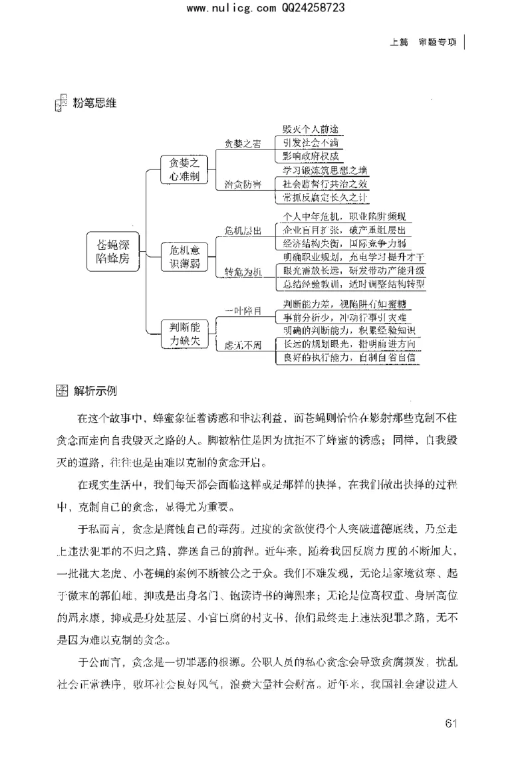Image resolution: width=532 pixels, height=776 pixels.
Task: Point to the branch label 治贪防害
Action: click(242, 183)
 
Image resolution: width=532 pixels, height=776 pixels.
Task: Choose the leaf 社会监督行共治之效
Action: click(325, 183)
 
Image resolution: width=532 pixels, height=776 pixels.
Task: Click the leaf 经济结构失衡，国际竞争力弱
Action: click(346, 242)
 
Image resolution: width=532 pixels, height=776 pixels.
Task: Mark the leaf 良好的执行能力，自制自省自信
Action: click(349, 357)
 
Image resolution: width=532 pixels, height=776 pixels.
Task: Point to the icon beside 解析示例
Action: click(61, 390)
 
